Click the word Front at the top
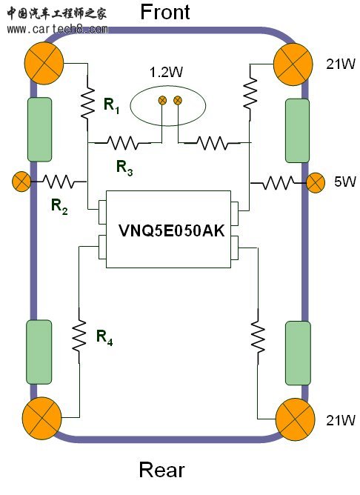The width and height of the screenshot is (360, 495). [x=165, y=12]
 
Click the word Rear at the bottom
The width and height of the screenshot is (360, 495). [x=161, y=470]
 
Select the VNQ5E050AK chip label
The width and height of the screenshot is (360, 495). [x=171, y=230]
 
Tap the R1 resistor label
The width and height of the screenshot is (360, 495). [x=112, y=106]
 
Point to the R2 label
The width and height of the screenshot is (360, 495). [x=59, y=207]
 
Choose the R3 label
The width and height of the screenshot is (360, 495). [x=124, y=167]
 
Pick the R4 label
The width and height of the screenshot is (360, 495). [x=104, y=337]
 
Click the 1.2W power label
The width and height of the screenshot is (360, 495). [x=166, y=72]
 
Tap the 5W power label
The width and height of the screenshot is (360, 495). [x=345, y=182]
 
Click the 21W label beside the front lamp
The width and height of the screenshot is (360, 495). [x=341, y=64]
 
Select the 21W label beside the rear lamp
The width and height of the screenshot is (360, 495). [x=341, y=420]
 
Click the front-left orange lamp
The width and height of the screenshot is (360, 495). [x=44, y=63]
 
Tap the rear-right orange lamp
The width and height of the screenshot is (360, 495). [x=295, y=419]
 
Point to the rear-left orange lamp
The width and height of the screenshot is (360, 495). [x=42, y=418]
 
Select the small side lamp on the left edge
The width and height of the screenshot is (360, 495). [x=21, y=182]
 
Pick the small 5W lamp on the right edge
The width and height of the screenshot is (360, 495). [x=316, y=183]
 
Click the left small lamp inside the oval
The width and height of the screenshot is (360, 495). [x=162, y=101]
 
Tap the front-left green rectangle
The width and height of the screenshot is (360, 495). [x=40, y=130]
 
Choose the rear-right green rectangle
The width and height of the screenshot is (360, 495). [x=298, y=353]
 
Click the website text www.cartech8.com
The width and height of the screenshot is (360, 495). [x=58, y=29]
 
